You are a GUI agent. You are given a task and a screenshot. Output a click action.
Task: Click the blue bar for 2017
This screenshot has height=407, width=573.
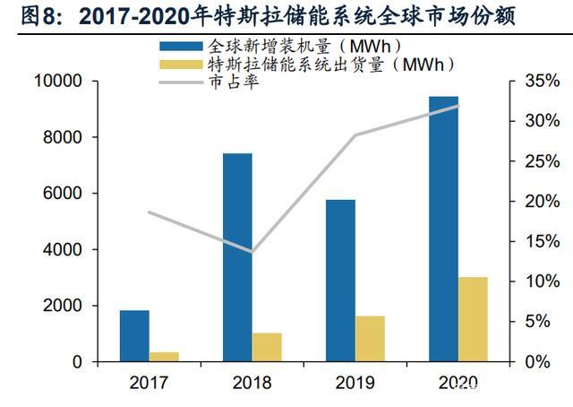(x=134, y=335)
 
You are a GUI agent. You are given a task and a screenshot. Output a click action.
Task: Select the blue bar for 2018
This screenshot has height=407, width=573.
(x=237, y=257)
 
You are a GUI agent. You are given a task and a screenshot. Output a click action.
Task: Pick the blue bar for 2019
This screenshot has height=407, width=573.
(x=340, y=280)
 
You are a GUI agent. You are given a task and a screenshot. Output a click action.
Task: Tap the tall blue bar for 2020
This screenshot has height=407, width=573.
(x=443, y=229)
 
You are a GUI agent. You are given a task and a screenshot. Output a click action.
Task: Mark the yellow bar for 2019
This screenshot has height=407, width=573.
(x=370, y=338)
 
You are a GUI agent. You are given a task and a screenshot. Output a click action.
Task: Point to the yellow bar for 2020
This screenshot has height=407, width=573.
(x=473, y=319)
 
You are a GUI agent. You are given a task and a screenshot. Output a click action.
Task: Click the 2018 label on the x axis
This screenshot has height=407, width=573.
(x=252, y=384)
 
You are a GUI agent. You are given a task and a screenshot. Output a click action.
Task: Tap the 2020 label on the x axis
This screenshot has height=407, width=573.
(x=458, y=384)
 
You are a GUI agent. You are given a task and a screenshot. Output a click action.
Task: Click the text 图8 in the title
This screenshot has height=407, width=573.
(x=24, y=15)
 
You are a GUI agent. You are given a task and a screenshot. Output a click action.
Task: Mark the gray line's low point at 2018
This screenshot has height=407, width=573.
(x=252, y=252)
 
